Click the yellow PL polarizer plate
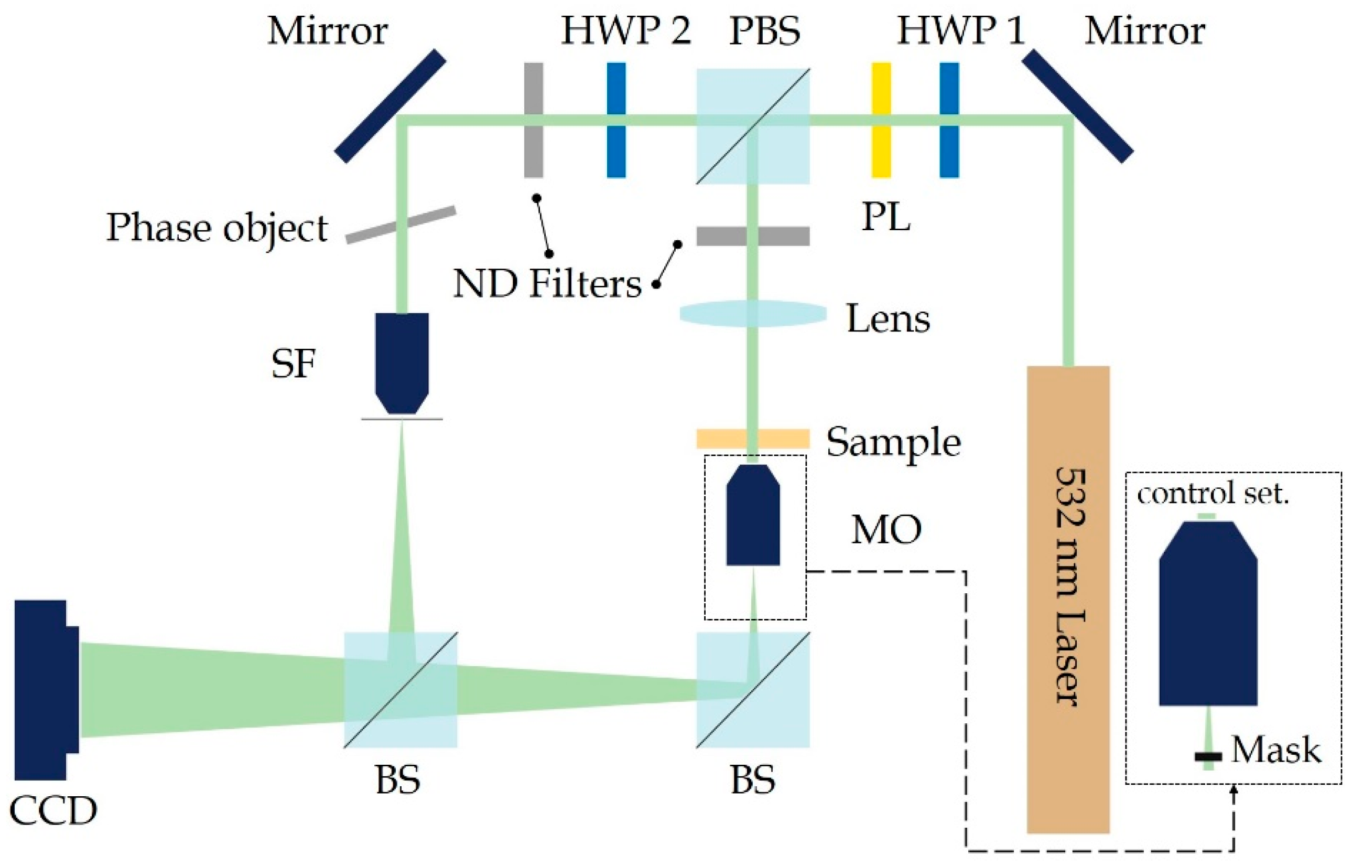pos(881,120)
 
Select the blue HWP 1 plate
pos(949,120)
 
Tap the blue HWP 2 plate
pos(616,120)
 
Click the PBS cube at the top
pos(753,126)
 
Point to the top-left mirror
pos(390,106)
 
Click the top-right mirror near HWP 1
pos(1077,106)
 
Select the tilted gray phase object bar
pos(400,225)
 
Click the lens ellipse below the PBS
pos(753,314)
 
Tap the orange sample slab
pos(753,439)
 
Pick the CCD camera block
pos(42,689)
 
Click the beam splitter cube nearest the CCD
pos(400,689)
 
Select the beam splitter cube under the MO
pos(753,689)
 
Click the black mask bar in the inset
pos(1208,757)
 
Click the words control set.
pos(1212,494)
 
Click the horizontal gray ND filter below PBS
pos(753,236)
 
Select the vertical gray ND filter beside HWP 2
pos(533,120)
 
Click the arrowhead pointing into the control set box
pos(1234,790)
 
